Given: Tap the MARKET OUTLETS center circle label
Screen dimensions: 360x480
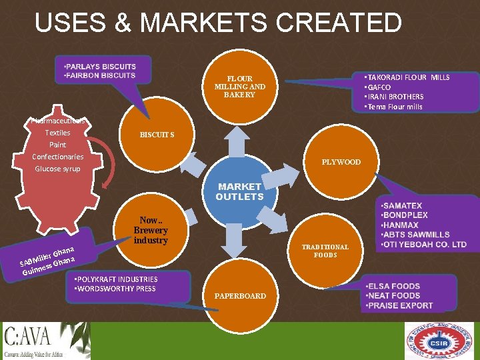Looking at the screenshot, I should point(239,192).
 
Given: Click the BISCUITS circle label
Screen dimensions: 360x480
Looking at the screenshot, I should point(157,135).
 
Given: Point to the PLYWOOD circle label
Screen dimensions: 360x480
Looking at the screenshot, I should point(341,162).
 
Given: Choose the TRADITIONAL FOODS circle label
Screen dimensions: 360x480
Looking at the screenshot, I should point(325,251).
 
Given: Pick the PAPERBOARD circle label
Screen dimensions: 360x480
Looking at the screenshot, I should point(240,295).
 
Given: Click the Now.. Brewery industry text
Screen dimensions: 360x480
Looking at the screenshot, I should point(151,230).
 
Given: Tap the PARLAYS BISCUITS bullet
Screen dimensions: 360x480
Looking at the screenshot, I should point(100,67).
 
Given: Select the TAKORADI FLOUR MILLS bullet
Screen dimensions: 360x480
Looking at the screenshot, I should point(407,77).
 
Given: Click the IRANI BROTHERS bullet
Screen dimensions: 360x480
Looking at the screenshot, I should point(394,97).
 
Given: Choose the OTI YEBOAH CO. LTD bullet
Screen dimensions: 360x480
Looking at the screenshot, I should point(423,245).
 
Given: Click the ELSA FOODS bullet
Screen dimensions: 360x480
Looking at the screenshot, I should point(393,286).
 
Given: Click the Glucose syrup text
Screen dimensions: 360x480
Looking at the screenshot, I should point(57,169).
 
